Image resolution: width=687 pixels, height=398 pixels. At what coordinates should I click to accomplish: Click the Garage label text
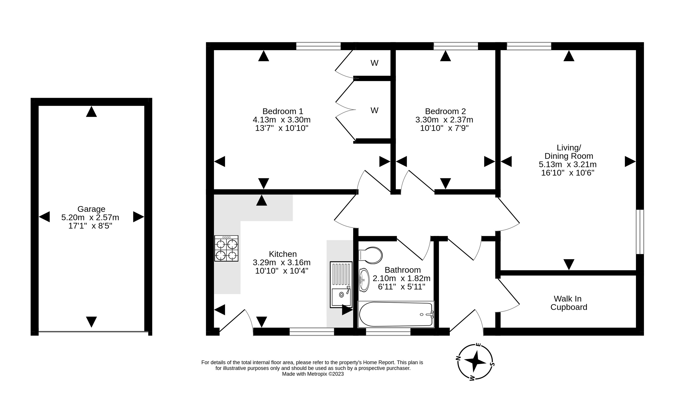pos(91,209)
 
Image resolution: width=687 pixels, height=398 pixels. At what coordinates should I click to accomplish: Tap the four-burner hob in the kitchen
pos(226,249)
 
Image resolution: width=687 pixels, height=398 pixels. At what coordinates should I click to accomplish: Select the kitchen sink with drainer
pos(341,285)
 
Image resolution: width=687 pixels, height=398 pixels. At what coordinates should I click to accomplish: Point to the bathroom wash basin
pos(364,280)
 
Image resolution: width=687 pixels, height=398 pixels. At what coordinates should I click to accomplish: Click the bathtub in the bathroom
pos(396,314)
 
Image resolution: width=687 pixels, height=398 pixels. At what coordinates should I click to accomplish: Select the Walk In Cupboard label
pos(569,303)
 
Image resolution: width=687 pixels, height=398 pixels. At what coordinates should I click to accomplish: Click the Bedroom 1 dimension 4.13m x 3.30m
pos(282,120)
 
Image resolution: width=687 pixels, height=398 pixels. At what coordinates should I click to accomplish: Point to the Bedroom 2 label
pos(445,111)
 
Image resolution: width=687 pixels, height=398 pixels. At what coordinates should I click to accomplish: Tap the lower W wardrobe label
pos(374,111)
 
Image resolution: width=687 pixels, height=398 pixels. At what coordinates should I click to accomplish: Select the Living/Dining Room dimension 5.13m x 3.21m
pos(568,164)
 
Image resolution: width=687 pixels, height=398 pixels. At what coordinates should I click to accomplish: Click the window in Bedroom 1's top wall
pos(318,46)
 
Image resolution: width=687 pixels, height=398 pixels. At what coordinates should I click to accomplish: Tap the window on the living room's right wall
pos(640,232)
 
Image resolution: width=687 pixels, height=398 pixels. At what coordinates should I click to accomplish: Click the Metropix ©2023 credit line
pos(313,374)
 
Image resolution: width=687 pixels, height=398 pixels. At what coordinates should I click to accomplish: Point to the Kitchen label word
pos(283,254)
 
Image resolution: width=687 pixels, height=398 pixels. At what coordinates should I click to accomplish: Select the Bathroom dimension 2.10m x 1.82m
pos(402,278)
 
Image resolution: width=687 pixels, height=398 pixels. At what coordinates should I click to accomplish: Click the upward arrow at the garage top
pos(91,112)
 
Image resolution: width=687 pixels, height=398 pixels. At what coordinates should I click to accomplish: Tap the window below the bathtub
pos(388,332)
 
